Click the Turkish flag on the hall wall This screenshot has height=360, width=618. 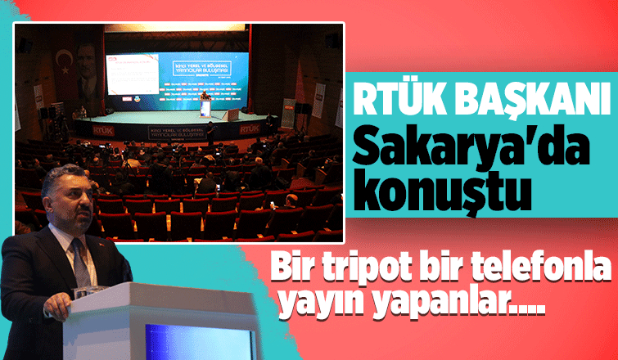(x=64, y=61)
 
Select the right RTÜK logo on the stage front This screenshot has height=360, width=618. (x=249, y=129)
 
